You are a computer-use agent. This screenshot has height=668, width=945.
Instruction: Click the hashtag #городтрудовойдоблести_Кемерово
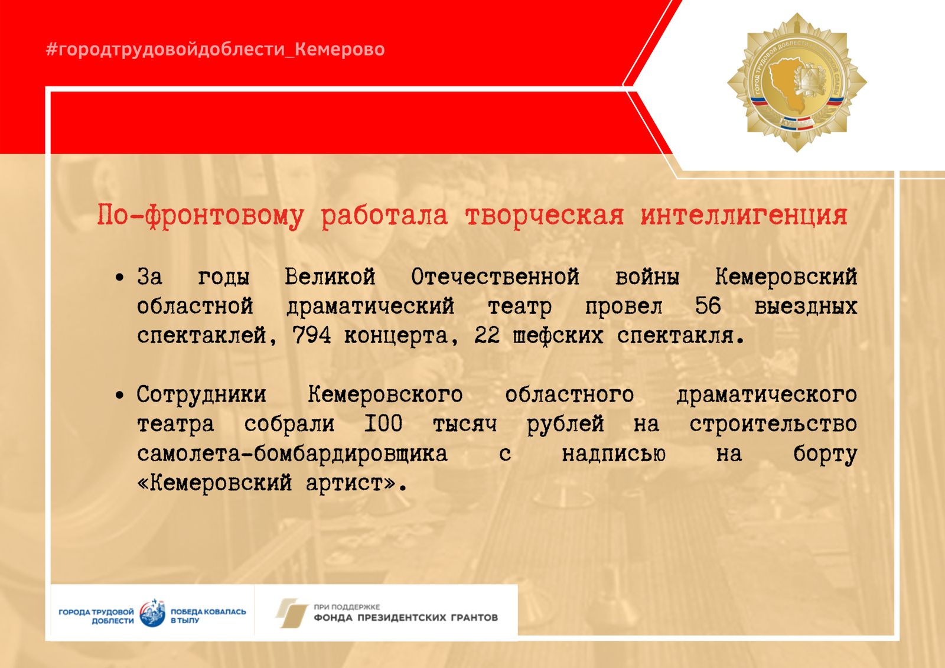[215, 50]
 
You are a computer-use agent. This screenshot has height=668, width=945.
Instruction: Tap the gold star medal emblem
[797, 82]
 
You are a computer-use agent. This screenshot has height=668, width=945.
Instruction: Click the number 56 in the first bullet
[708, 306]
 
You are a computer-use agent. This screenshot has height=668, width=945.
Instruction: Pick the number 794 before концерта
[312, 336]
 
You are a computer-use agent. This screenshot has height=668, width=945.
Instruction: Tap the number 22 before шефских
[487, 336]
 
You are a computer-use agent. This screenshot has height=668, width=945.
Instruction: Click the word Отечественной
[496, 277]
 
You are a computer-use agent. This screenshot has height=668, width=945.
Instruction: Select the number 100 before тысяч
[383, 423]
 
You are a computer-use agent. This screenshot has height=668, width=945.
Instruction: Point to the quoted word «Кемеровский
[214, 483]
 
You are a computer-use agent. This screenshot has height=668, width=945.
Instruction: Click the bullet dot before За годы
[120, 278]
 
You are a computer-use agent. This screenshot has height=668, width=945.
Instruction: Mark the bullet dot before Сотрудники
[120, 395]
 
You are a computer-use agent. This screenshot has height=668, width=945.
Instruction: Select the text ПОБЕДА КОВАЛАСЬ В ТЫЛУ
[208, 616]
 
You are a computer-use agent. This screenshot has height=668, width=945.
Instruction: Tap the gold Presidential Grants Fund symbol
[292, 612]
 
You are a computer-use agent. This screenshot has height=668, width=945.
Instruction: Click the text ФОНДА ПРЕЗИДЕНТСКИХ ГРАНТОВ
[406, 618]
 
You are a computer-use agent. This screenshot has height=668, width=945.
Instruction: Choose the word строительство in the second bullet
[773, 424]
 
